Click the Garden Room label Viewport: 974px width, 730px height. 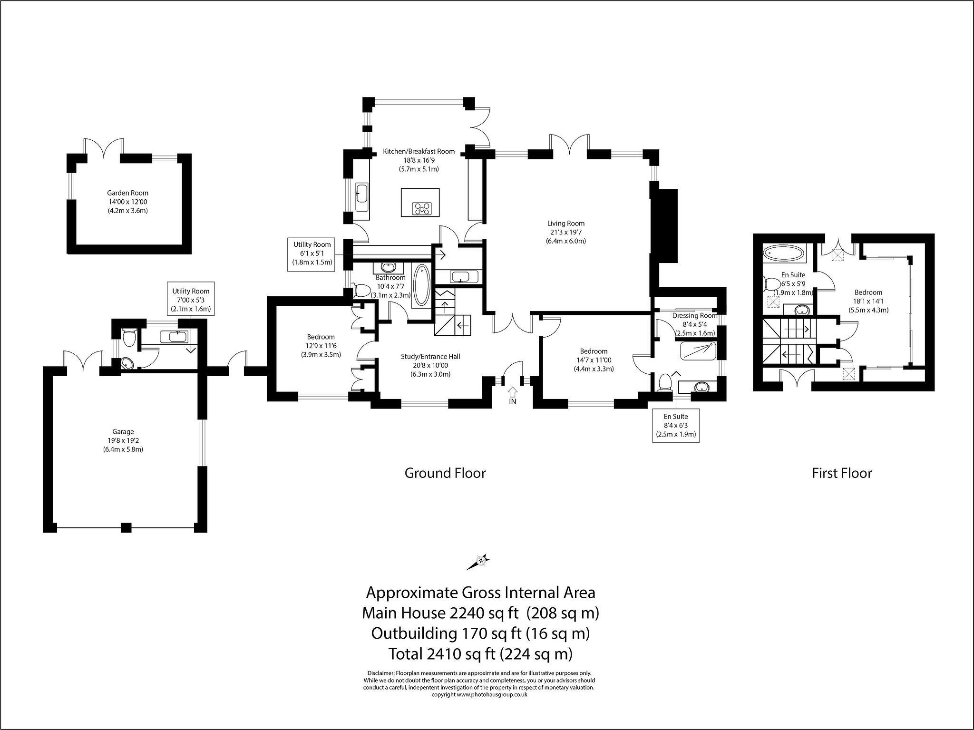[x=127, y=193]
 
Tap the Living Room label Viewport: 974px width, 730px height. [x=566, y=223]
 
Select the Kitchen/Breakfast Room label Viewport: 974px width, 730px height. [x=419, y=151]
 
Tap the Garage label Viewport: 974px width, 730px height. [x=123, y=432]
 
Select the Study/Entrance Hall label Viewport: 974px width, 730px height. [x=431, y=357]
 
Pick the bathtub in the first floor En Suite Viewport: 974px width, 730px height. [x=784, y=252]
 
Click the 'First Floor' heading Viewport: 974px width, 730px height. [x=842, y=473]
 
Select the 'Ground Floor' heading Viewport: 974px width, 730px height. [x=445, y=473]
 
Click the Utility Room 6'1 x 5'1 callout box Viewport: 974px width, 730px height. [x=312, y=253]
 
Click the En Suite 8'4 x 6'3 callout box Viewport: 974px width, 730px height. [x=676, y=425]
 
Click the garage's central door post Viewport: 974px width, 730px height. [x=126, y=527]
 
